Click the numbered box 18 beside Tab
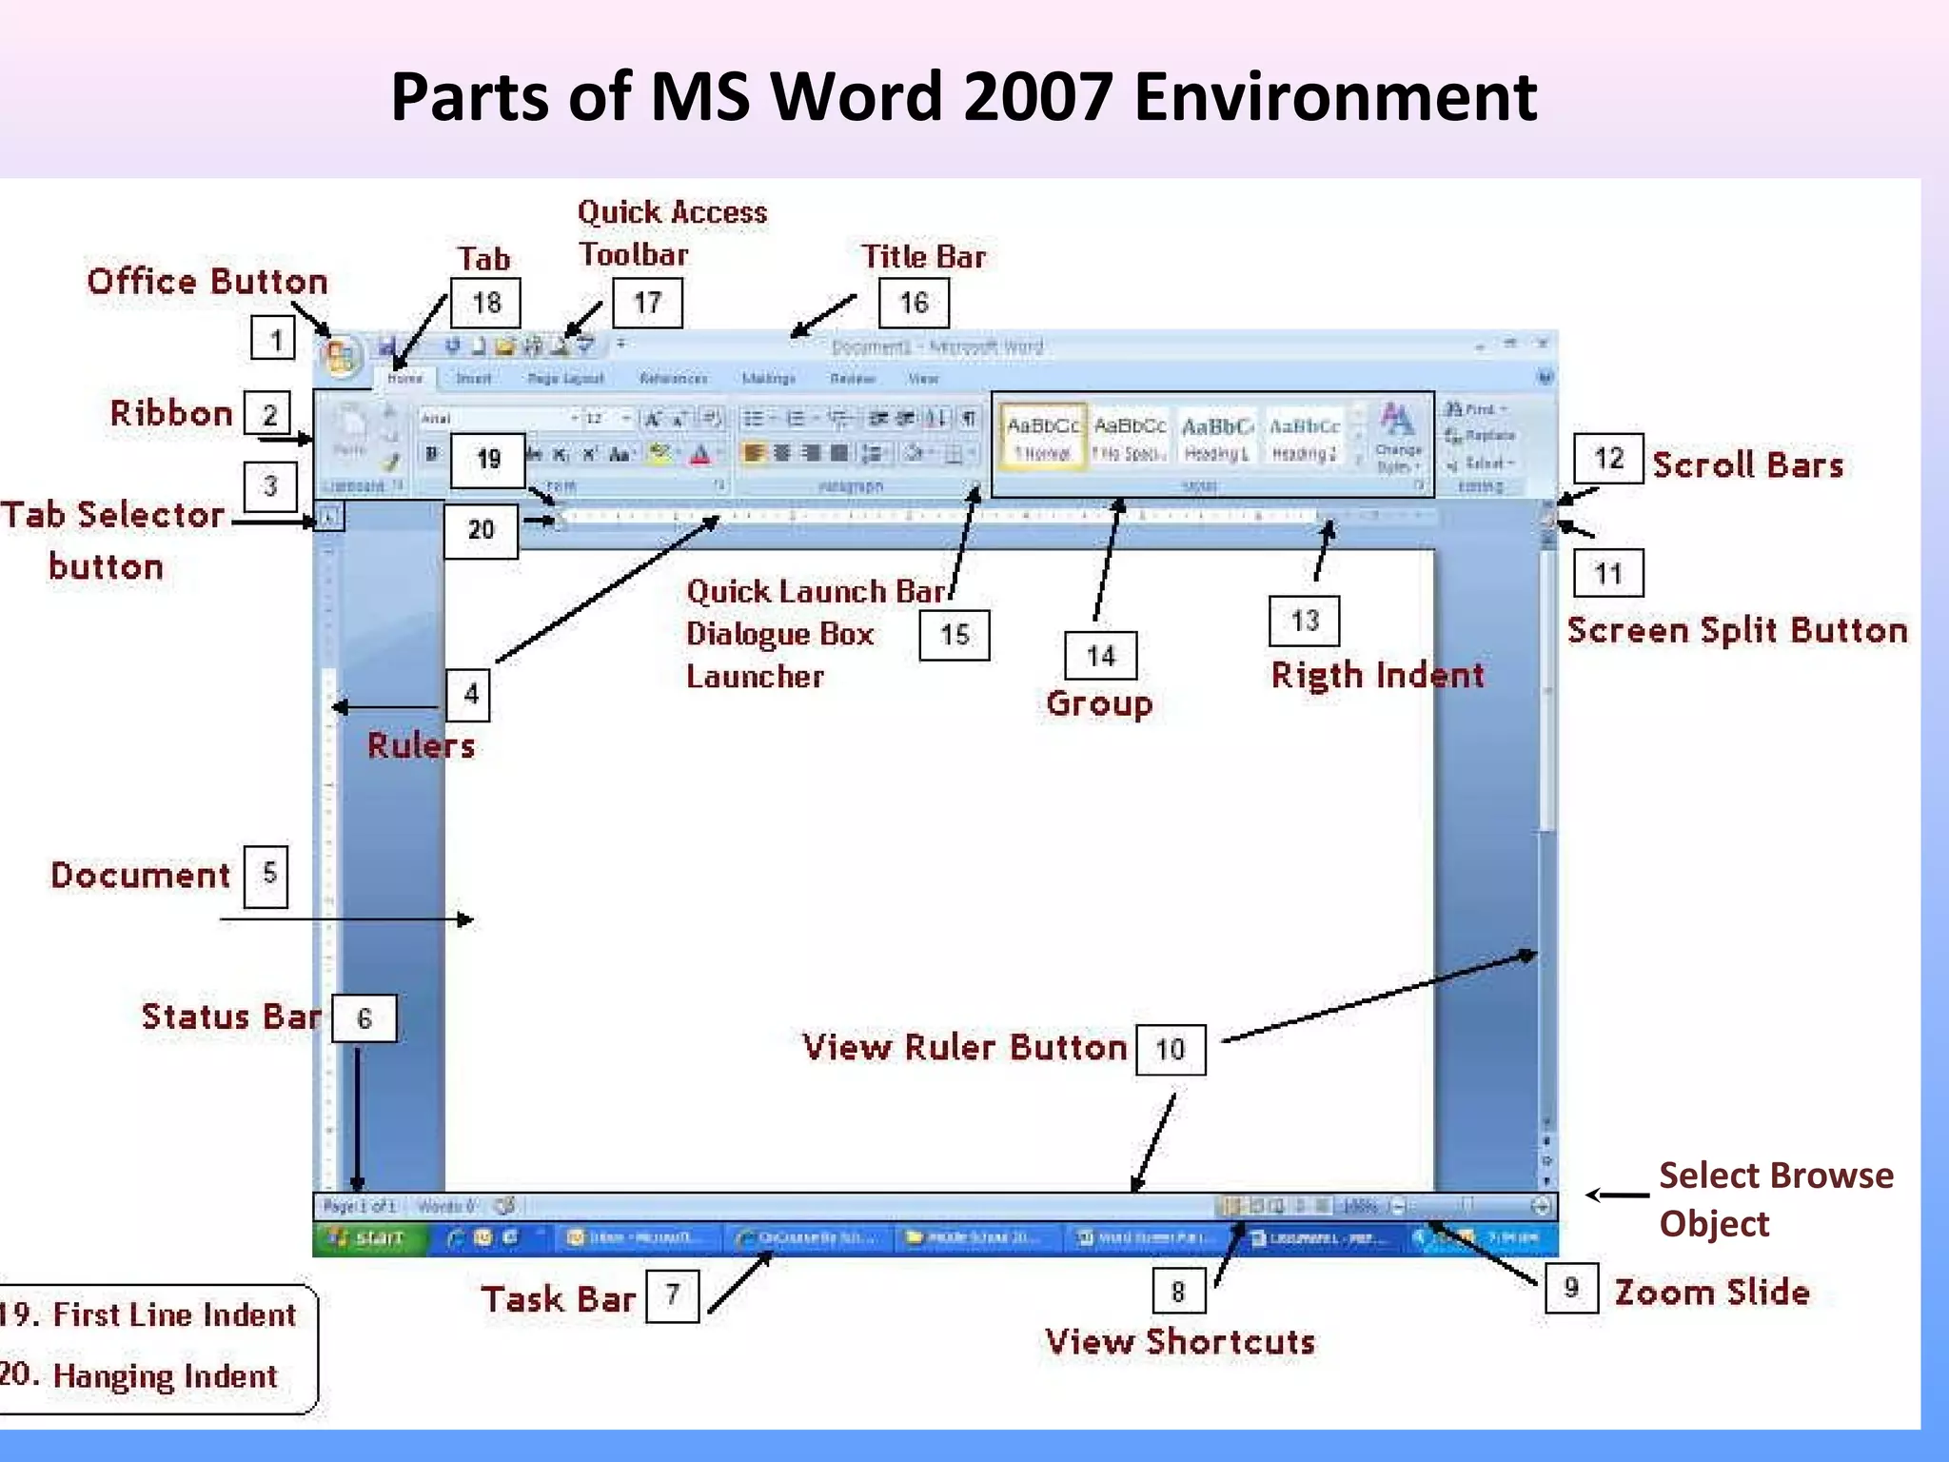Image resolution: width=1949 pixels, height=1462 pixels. (485, 303)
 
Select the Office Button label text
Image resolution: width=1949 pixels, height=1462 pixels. (207, 282)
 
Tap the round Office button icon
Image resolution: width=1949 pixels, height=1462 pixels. (340, 358)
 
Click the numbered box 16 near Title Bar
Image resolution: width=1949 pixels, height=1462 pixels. (913, 303)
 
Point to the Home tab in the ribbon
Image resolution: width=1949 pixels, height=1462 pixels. (404, 378)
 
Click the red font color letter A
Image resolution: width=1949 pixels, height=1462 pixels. (700, 454)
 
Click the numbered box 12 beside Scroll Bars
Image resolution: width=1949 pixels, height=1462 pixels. (1608, 459)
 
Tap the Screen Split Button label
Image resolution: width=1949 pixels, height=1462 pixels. (1737, 630)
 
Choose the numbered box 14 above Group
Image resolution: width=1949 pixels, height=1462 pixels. (1100, 655)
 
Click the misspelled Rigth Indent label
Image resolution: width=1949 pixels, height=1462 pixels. (1377, 675)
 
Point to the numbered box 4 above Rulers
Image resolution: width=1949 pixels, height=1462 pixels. (470, 694)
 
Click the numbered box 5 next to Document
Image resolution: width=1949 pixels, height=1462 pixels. (267, 874)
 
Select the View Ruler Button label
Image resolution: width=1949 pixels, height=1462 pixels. (964, 1047)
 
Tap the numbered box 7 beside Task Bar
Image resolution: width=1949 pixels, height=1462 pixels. (672, 1294)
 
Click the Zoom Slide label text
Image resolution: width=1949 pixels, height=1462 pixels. (1711, 1292)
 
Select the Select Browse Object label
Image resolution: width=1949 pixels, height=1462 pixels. (1775, 1199)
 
